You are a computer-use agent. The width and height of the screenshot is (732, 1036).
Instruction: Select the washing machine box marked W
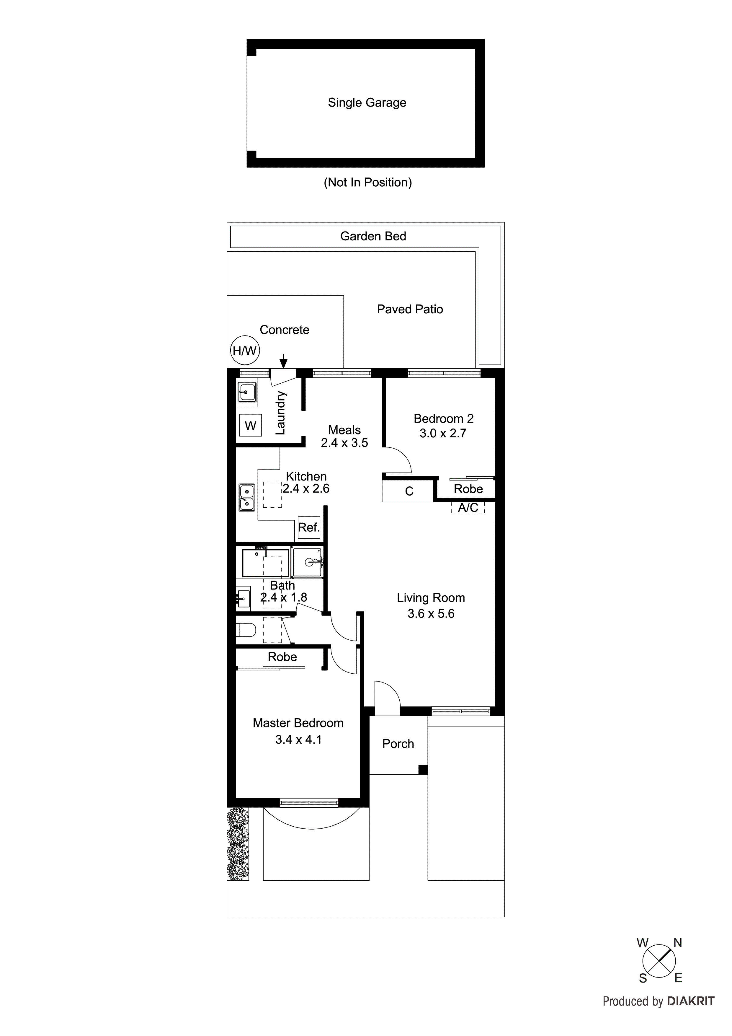point(250,425)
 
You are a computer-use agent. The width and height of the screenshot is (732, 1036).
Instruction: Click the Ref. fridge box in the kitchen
point(308,527)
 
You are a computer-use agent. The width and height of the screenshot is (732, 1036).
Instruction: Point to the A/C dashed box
point(468,508)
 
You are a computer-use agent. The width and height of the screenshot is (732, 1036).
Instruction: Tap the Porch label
point(398,744)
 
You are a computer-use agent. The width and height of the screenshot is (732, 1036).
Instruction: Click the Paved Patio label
point(409,309)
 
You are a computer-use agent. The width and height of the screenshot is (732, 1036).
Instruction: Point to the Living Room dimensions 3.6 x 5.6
point(431,614)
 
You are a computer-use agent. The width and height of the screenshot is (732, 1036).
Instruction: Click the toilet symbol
point(246,629)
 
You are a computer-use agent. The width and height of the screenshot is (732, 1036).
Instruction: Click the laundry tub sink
point(247,392)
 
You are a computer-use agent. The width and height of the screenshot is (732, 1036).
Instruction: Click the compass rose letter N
point(677,943)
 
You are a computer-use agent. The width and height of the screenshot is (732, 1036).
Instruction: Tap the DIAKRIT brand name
point(690,1001)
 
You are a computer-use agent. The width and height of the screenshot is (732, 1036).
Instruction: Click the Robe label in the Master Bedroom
point(282,657)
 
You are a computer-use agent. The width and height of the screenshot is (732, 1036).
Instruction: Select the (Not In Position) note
point(367,182)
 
